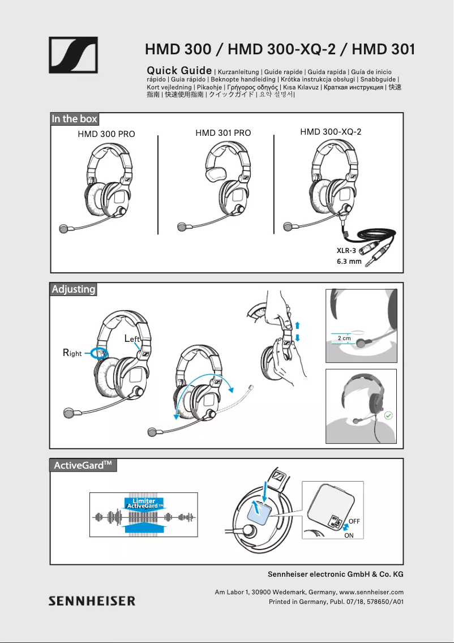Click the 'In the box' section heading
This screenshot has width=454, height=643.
pos(75,119)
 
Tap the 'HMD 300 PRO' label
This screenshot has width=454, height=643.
pos(106,135)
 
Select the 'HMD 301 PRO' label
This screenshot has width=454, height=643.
pos(223,133)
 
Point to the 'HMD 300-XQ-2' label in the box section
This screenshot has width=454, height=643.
pos(331,132)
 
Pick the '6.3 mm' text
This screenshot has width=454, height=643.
pos(349,262)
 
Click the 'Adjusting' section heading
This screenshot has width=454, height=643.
pos(74,289)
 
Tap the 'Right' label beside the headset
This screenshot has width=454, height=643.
pos(72,353)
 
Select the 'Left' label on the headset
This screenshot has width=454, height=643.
pos(132,338)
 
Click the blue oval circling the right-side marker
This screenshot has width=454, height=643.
pos(100,353)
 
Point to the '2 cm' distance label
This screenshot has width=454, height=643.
pos(344,338)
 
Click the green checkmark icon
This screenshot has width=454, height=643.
pos(388,415)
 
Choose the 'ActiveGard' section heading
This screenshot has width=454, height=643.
pos(83,465)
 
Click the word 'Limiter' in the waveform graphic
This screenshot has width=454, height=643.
pos(144,501)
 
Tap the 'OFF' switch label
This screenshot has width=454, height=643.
pos(354,520)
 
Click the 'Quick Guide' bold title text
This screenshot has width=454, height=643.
pos(179,71)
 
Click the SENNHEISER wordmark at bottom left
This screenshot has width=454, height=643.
pos(92,601)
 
